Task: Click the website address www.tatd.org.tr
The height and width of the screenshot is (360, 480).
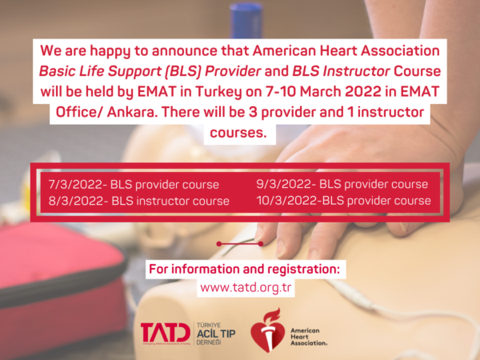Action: (x=246, y=288)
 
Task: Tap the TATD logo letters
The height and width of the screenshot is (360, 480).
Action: (x=166, y=333)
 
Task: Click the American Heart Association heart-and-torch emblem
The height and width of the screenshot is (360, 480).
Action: (x=266, y=330)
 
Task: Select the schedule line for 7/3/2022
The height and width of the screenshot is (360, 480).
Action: (x=134, y=185)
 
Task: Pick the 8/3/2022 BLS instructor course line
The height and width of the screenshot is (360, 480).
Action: (x=138, y=201)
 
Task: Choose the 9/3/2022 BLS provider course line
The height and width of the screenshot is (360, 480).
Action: (x=342, y=184)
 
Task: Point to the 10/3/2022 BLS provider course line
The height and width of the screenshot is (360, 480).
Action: (x=343, y=201)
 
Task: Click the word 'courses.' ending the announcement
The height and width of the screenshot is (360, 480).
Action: (x=238, y=133)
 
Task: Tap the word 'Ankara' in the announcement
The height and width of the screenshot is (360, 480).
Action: (x=130, y=112)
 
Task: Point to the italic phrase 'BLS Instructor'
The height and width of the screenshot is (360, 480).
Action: (x=341, y=71)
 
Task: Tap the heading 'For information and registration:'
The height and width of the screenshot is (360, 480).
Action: (x=244, y=269)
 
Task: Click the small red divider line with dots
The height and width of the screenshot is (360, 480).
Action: (x=240, y=244)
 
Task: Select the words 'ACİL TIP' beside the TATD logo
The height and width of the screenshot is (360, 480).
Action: (x=216, y=334)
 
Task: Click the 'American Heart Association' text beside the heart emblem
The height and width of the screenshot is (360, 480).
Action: (x=309, y=337)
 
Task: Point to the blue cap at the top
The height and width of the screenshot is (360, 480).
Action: (x=246, y=16)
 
